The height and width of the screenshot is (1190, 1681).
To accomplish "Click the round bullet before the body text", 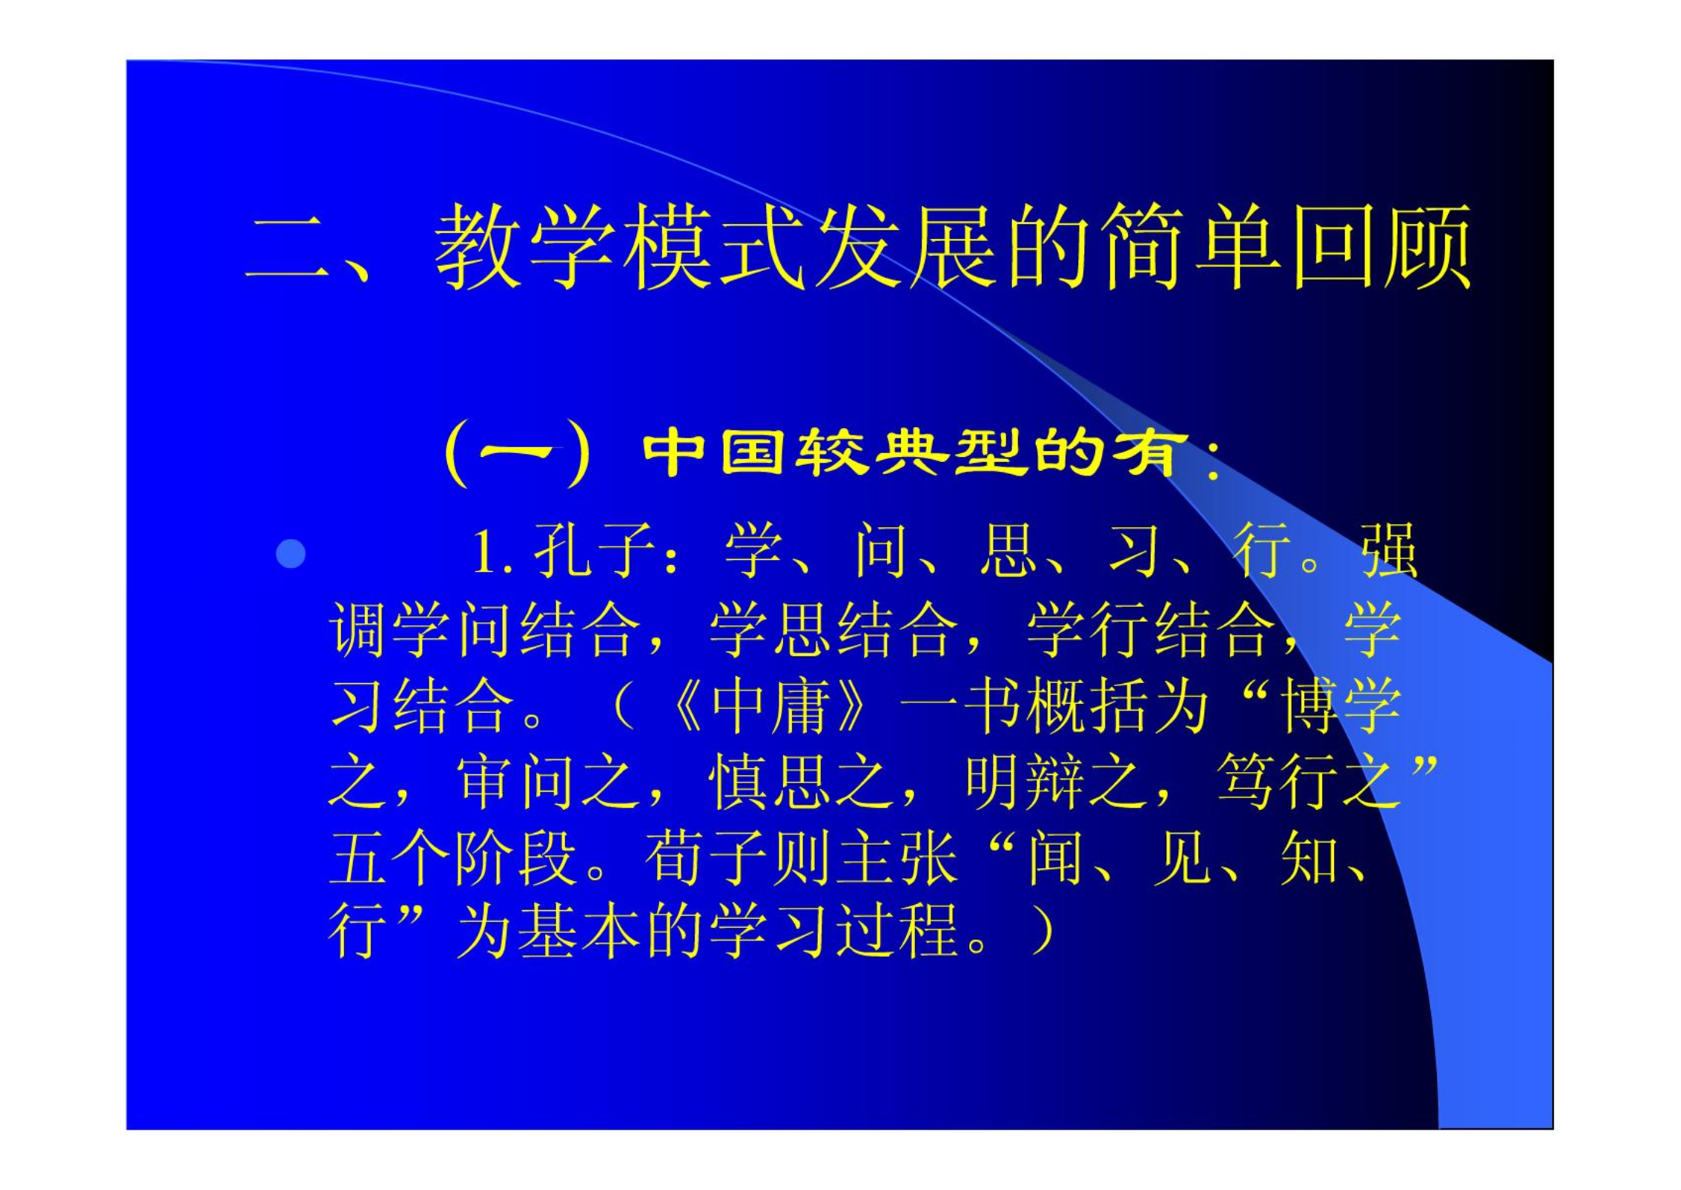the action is [x=290, y=554].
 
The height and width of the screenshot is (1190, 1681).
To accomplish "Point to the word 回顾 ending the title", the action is [x=1382, y=246].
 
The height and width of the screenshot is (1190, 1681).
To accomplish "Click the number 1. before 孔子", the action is [x=493, y=553].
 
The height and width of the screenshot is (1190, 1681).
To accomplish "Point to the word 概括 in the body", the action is [x=1086, y=706].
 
